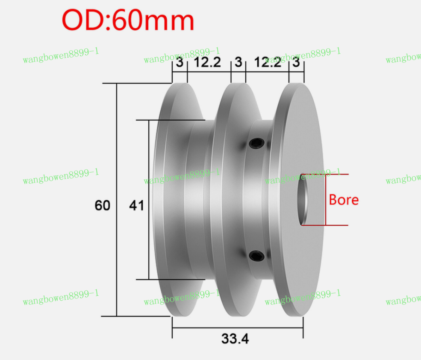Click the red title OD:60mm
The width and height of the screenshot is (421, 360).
(128, 21)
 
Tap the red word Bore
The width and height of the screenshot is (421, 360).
(344, 200)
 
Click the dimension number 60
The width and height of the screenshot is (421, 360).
(103, 206)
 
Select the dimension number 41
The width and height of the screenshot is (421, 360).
(137, 206)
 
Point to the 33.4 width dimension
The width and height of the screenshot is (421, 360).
(235, 339)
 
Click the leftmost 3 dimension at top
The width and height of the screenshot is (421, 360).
(180, 63)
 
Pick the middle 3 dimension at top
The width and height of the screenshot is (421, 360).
(238, 63)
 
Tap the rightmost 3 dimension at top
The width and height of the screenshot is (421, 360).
(296, 63)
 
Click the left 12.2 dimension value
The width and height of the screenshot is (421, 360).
(208, 63)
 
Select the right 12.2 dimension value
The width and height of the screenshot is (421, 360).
(268, 63)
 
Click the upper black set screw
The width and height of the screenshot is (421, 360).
(256, 143)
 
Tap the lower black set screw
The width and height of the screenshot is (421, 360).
(256, 256)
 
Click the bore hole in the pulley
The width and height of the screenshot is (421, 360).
(304, 200)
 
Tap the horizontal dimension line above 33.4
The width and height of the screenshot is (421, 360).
(238, 328)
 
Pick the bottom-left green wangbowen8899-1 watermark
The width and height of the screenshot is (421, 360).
(61, 297)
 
